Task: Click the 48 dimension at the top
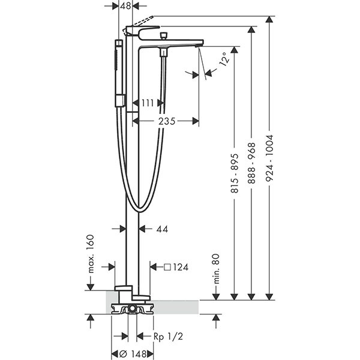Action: click(x=125, y=6)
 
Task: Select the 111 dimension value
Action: click(x=148, y=103)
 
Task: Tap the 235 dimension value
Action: click(x=166, y=121)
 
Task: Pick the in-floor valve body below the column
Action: click(x=132, y=310)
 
